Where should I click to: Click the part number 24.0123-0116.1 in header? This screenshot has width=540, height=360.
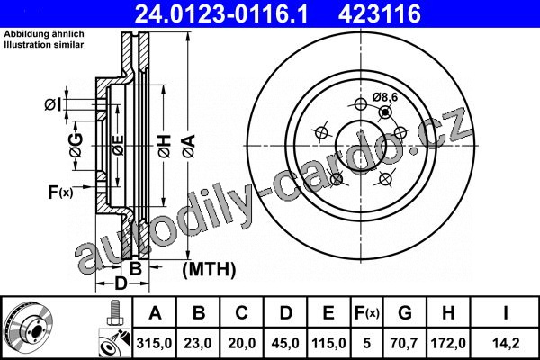(220, 13)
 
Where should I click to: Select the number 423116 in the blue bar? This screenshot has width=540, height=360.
(380, 13)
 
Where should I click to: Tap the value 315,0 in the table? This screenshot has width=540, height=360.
(154, 343)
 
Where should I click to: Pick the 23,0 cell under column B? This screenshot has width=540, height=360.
(198, 343)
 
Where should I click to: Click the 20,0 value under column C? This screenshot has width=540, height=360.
(241, 343)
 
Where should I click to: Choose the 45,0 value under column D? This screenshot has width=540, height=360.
(285, 343)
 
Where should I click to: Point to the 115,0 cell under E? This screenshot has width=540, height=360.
(328, 343)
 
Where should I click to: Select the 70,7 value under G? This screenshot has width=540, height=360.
(405, 343)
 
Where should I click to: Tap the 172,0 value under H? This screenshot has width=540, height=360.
(448, 343)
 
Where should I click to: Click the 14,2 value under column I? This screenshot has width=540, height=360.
(505, 343)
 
